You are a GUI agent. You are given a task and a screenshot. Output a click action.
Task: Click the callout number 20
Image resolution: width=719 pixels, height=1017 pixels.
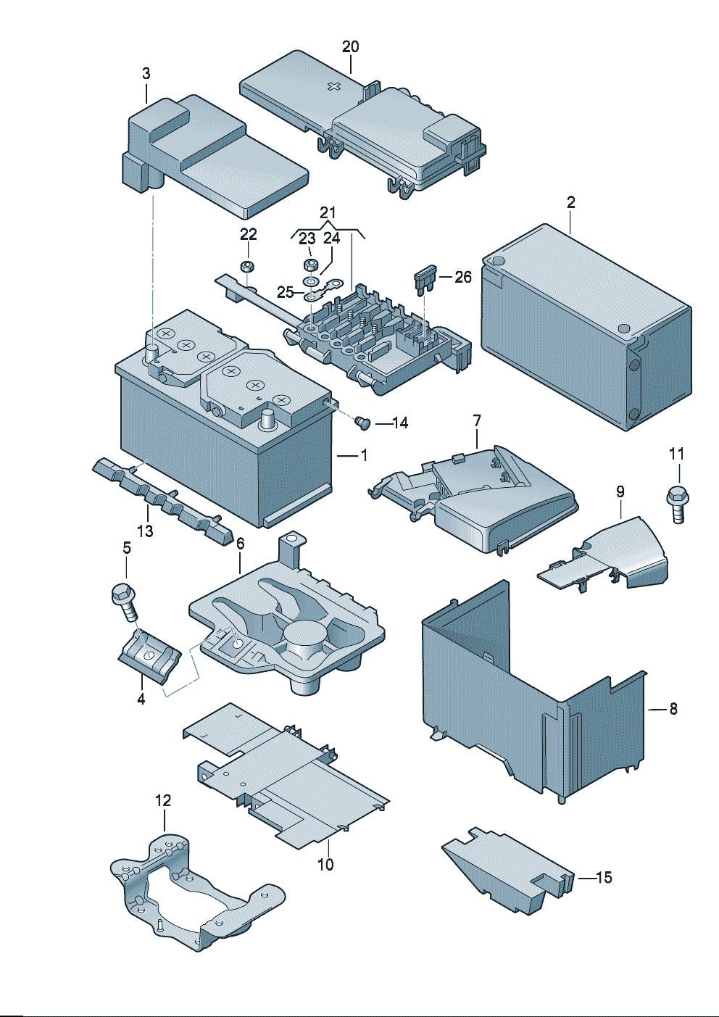coord(350,46)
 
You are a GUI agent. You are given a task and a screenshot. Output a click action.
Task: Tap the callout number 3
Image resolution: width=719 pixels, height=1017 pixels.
coord(146,73)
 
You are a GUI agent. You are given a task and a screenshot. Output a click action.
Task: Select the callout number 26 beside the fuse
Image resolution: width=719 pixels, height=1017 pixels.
coord(463,276)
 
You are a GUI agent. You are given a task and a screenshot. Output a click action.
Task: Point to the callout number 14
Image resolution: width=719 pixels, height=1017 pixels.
coord(400,423)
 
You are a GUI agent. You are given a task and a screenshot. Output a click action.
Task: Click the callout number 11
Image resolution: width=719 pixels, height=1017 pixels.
coord(676,454)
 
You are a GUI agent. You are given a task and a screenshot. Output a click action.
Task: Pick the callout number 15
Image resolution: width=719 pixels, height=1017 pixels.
coord(604,877)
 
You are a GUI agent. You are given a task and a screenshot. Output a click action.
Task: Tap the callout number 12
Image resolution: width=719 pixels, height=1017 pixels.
coord(163,800)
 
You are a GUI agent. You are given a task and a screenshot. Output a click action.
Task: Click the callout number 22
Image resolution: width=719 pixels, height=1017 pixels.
coord(249,234)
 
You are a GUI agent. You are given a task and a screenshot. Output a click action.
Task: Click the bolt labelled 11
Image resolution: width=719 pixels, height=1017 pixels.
coord(677,502)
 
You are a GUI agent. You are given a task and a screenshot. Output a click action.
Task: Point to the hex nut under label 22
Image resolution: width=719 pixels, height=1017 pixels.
coord(248,266)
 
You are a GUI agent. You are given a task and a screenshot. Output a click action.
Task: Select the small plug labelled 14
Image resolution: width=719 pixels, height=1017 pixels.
coord(363,422)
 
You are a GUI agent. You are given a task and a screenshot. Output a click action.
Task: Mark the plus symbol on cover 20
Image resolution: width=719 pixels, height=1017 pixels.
coord(334,87)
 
